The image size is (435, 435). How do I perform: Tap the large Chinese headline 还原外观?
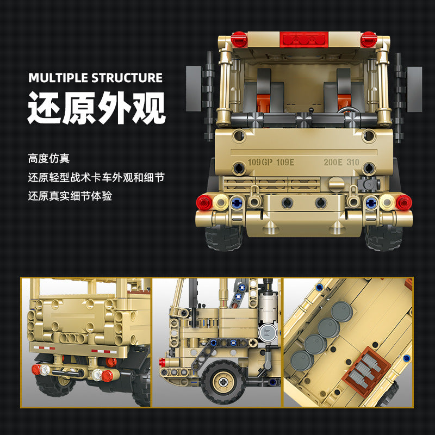point(96,109)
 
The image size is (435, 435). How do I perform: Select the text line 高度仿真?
point(49,159)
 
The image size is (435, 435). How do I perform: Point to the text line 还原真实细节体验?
point(70,196)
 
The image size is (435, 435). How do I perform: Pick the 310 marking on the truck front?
point(355,161)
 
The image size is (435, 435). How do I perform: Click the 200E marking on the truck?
point(333,161)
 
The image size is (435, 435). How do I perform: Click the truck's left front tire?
point(223,237)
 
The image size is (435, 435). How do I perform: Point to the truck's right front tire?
point(384,237)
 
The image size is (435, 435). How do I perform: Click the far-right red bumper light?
point(403,202)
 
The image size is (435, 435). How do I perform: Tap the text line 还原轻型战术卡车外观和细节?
point(96,178)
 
